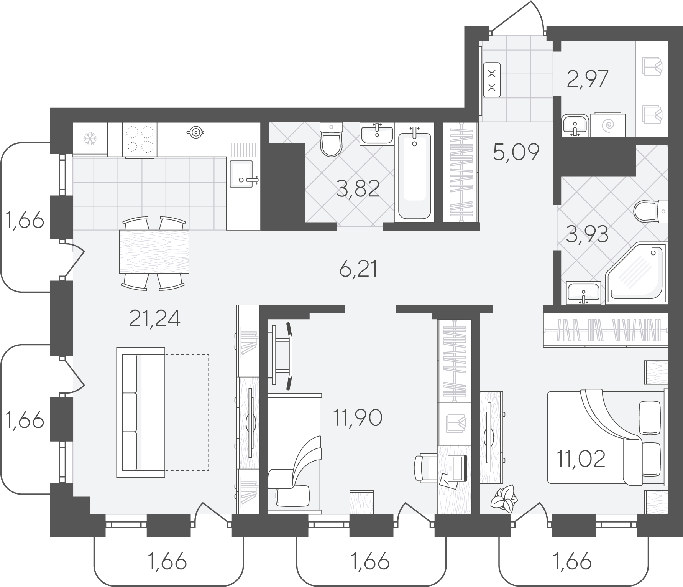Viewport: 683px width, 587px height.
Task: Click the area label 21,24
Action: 155,319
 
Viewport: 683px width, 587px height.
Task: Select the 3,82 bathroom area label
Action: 358,188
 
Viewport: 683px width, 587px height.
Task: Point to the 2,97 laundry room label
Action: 587,79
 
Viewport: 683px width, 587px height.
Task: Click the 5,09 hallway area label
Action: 516,152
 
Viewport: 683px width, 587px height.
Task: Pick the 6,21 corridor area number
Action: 358,269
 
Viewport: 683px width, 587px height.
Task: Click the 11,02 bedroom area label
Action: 581,458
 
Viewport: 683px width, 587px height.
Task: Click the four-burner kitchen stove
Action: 140,140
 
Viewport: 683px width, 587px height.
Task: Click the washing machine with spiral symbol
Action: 608,124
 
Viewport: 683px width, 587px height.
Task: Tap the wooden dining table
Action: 154,251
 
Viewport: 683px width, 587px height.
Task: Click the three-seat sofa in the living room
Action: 141,412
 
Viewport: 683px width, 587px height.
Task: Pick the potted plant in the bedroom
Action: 504,498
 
